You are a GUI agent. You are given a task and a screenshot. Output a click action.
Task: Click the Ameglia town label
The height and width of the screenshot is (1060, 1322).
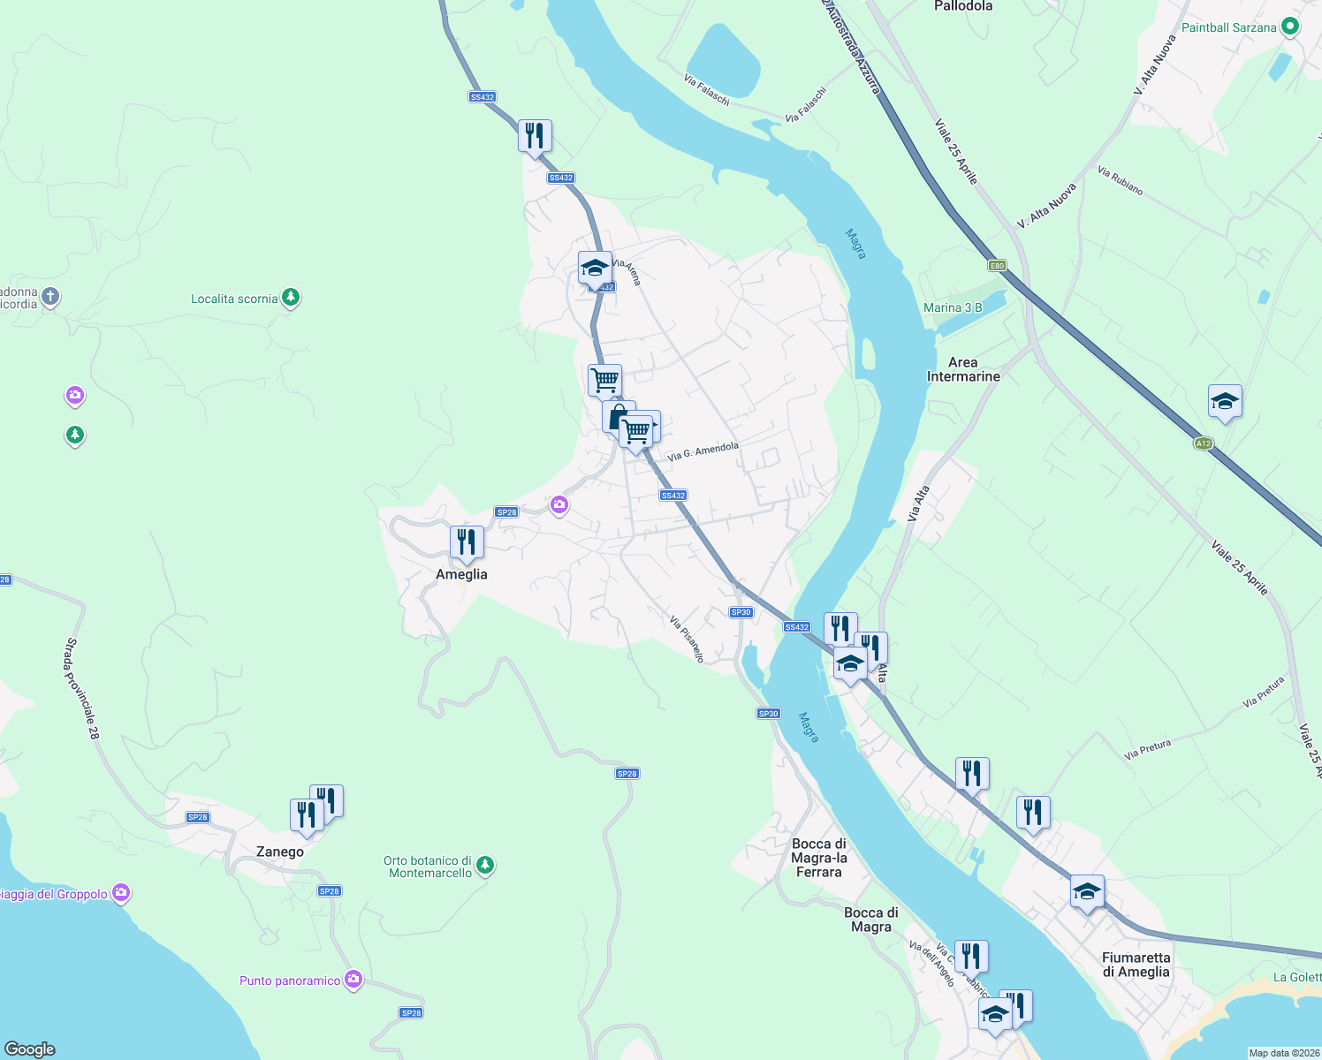(x=461, y=574)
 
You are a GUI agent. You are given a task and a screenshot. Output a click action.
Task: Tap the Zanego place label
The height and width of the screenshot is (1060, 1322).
(x=280, y=852)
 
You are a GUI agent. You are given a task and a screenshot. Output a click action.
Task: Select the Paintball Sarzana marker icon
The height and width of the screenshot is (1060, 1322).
(x=1289, y=27)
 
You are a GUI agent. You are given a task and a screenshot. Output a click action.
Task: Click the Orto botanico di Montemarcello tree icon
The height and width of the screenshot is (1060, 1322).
(x=484, y=866)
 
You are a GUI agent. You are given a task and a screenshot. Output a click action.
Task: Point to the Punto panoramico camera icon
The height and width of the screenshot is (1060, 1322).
(x=353, y=980)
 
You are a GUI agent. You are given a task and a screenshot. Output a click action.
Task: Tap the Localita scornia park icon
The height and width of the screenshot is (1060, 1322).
(x=291, y=298)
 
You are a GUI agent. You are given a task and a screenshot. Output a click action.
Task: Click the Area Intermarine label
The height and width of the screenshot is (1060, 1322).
(x=963, y=369)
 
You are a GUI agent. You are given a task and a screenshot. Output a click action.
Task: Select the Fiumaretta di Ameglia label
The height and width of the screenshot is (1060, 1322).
(x=1136, y=965)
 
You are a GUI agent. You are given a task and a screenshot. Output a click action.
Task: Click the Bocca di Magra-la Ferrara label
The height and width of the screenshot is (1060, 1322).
(x=819, y=858)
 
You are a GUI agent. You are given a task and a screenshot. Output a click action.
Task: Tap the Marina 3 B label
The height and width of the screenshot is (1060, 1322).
(x=953, y=307)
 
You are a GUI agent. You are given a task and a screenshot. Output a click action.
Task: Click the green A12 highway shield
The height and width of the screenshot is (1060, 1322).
(x=1203, y=443)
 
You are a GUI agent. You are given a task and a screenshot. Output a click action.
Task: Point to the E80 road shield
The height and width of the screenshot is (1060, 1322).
(x=997, y=266)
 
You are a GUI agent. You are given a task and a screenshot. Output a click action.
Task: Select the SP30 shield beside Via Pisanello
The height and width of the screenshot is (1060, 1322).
(x=741, y=612)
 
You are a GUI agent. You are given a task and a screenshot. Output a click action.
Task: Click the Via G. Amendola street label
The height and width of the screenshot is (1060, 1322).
(x=703, y=451)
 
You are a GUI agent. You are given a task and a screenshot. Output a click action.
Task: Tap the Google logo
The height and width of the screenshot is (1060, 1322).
(x=30, y=1049)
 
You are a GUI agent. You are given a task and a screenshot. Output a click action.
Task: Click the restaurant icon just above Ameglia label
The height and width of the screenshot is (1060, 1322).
(x=467, y=542)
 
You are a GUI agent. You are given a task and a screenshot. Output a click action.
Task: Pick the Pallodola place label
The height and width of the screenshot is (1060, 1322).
(x=963, y=6)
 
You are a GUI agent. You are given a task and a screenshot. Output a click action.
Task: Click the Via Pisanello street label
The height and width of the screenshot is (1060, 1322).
(x=687, y=639)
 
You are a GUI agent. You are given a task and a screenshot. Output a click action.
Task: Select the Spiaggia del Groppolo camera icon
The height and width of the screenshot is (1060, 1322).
(x=121, y=893)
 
